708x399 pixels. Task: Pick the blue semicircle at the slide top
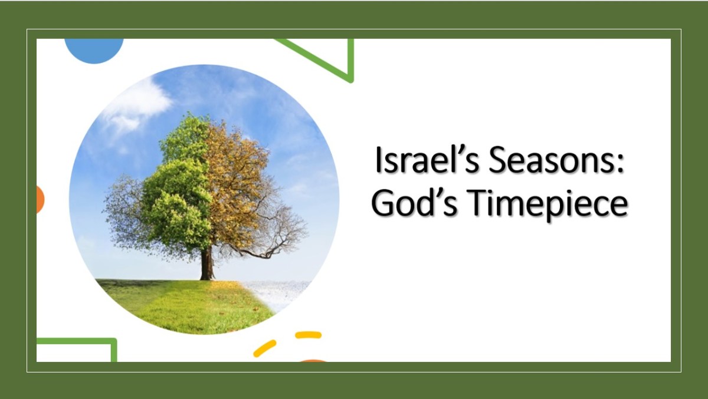tap(94, 49)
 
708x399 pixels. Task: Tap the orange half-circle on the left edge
tap(40, 199)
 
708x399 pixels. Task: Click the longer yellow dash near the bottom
tap(264, 348)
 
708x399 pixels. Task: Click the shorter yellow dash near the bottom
tap(308, 335)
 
